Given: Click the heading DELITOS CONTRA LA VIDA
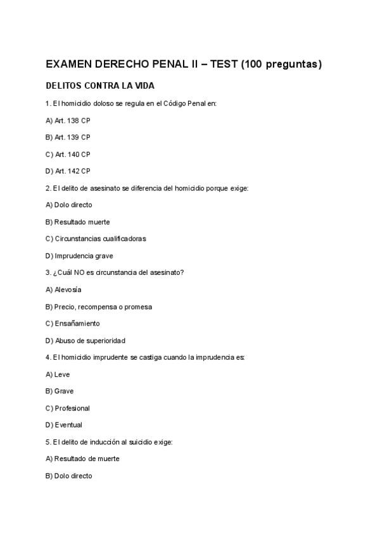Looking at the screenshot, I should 100,85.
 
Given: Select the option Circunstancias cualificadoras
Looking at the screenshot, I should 96,239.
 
